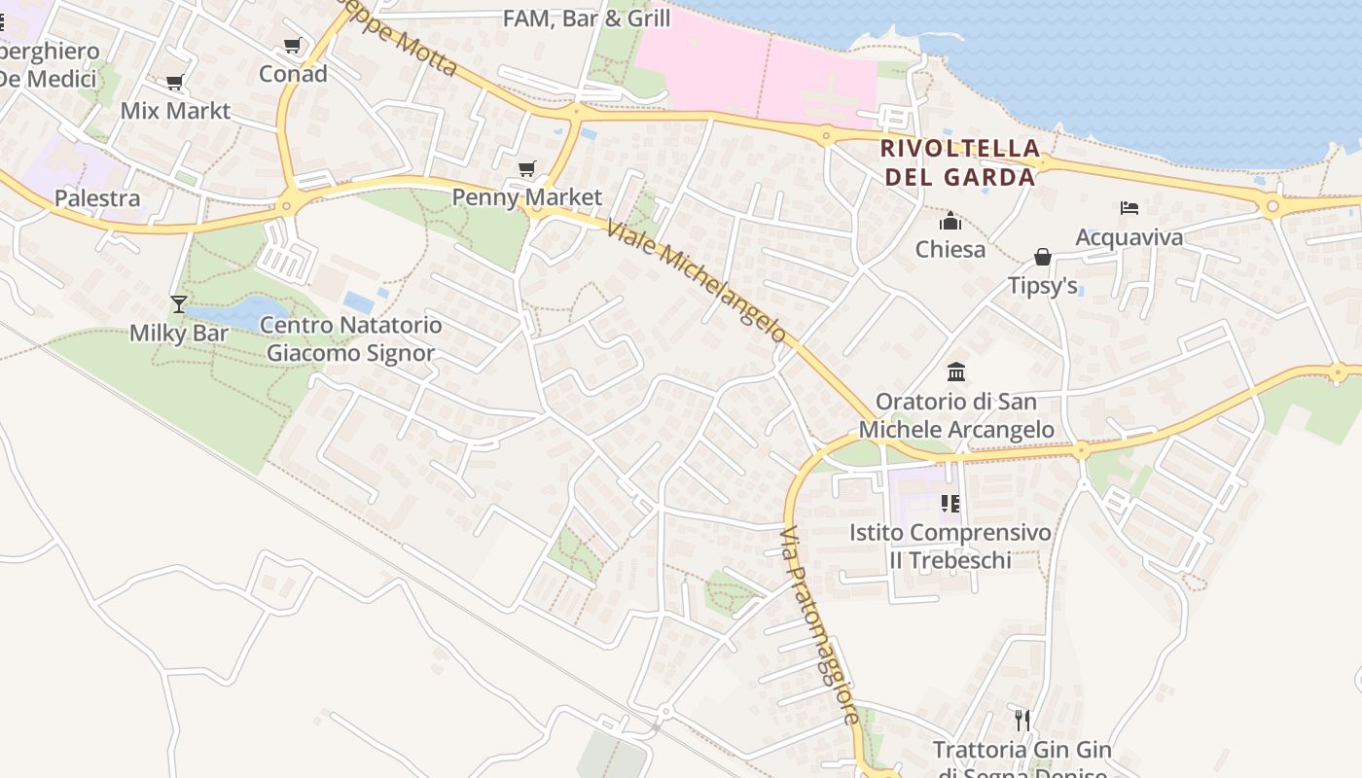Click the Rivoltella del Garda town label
click(x=959, y=162)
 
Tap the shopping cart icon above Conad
click(x=292, y=46)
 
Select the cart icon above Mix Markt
click(x=175, y=83)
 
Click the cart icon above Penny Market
click(x=527, y=169)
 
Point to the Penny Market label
click(x=527, y=197)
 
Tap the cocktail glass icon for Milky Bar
click(x=179, y=304)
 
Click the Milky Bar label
click(x=179, y=333)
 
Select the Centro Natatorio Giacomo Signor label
click(x=351, y=338)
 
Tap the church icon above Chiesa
click(x=950, y=222)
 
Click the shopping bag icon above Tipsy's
click(x=1043, y=257)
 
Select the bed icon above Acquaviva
click(x=1129, y=208)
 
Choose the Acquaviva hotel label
click(x=1129, y=237)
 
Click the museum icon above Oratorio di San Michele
click(x=956, y=371)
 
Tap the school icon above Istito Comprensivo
click(x=950, y=504)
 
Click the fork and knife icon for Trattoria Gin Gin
click(x=1021, y=720)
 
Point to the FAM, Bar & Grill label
click(x=587, y=18)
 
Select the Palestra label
click(x=97, y=198)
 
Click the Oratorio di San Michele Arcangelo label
click(x=956, y=415)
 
